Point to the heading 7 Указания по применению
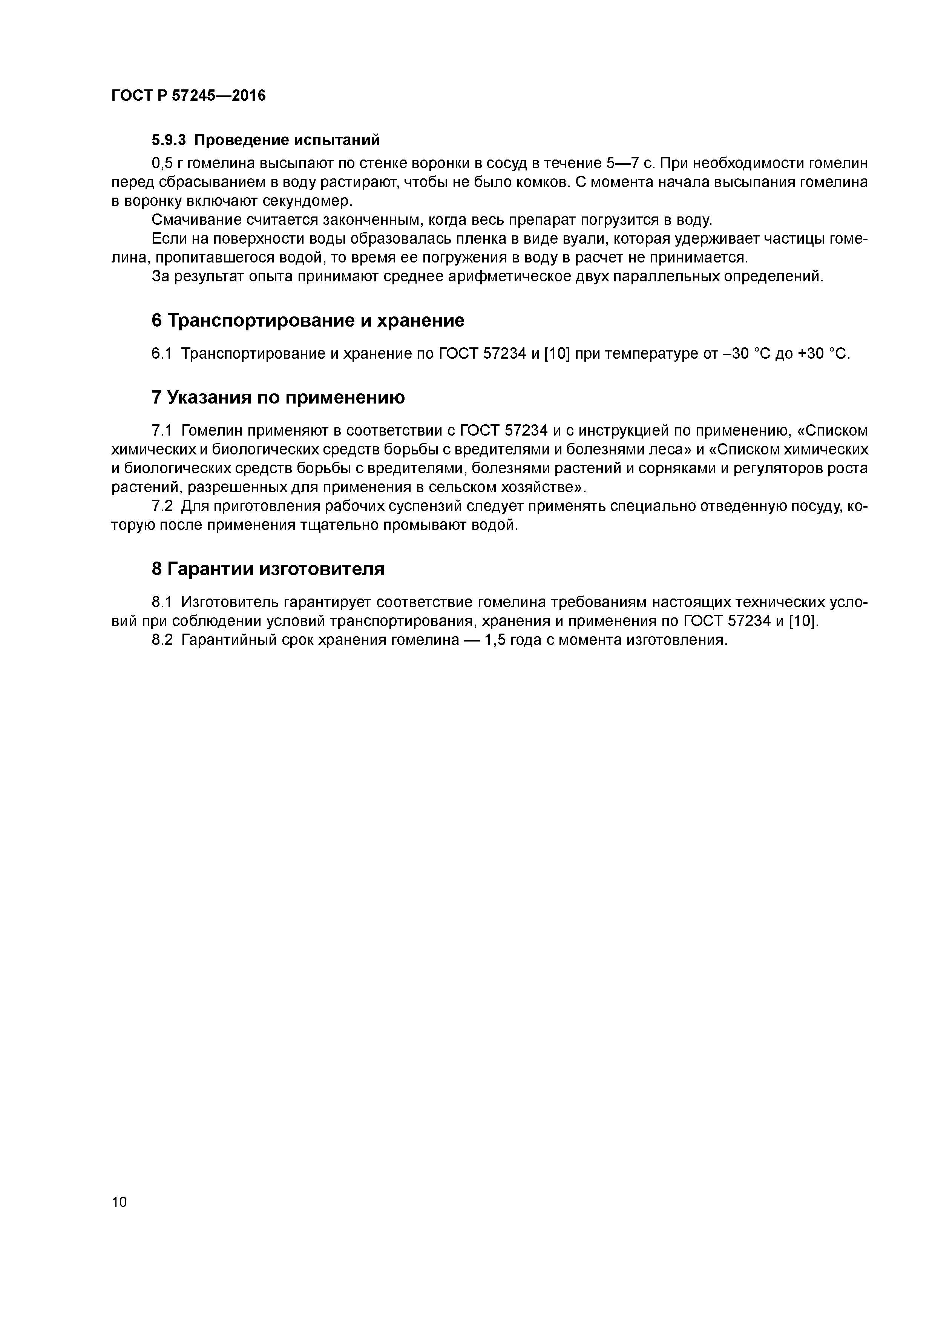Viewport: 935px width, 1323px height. click(278, 397)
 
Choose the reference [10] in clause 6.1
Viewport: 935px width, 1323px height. click(556, 353)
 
